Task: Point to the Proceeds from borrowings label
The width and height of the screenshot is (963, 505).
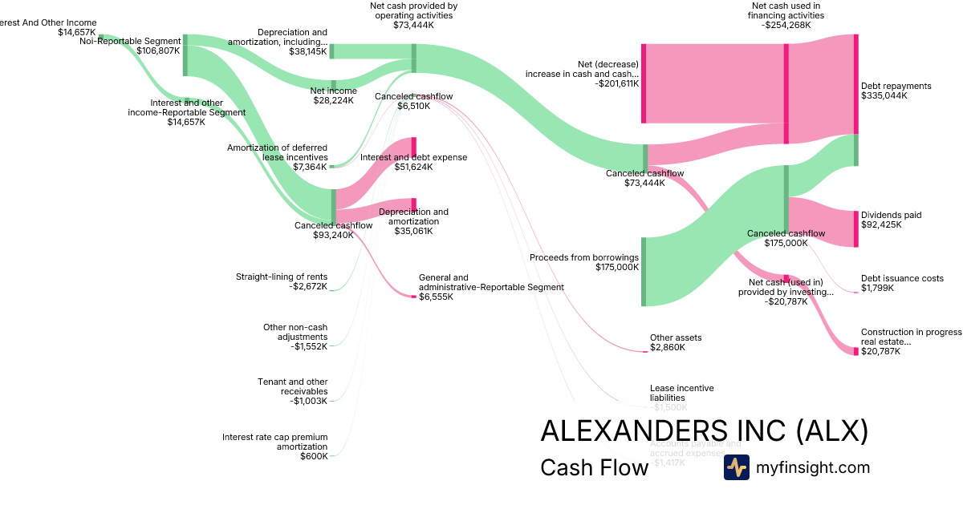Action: click(x=584, y=262)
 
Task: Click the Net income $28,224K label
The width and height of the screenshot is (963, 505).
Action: click(x=333, y=95)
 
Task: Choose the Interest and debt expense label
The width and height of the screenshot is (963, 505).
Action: click(x=413, y=162)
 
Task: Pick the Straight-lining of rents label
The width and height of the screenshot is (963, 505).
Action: click(x=281, y=282)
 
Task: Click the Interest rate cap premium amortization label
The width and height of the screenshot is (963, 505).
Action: click(x=274, y=446)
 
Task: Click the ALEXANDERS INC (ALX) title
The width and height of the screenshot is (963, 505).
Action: click(x=704, y=431)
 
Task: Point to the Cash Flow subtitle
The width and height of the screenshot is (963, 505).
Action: click(x=594, y=468)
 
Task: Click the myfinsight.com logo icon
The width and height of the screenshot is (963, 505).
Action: click(x=736, y=467)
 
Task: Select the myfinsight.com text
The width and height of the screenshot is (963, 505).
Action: click(x=813, y=467)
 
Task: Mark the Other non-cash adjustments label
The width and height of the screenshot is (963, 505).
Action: click(x=295, y=337)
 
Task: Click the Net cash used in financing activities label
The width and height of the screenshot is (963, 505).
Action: click(x=785, y=14)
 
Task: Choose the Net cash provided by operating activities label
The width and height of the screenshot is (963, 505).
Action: click(x=413, y=14)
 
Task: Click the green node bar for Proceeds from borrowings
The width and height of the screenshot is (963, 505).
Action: click(x=644, y=272)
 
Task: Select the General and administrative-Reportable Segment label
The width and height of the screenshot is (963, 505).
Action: click(x=491, y=287)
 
